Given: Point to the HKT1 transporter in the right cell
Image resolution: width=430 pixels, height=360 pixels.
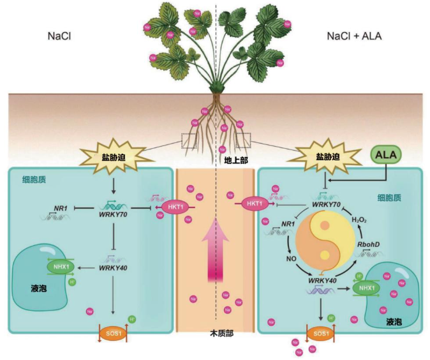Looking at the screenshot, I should coord(255,202).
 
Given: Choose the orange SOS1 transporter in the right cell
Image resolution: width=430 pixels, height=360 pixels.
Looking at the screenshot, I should coord(321,333).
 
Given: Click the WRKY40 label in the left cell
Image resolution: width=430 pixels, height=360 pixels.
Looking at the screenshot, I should coord(112,267).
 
